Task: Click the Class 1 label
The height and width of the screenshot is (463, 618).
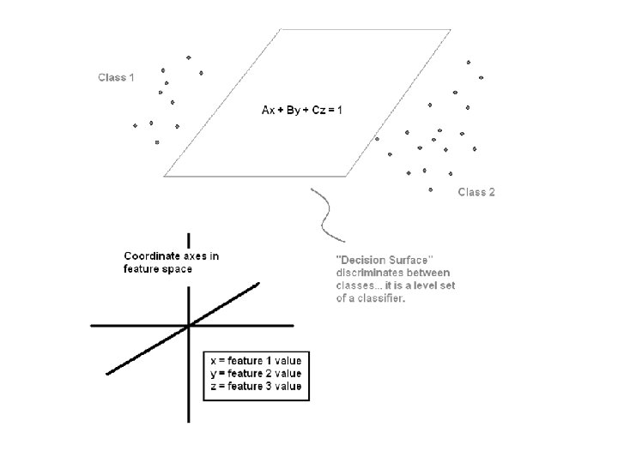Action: [116, 78]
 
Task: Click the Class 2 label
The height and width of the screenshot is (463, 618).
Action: [476, 192]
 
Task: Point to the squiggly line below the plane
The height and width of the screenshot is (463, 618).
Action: [325, 215]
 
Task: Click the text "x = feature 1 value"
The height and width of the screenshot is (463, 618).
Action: [256, 361]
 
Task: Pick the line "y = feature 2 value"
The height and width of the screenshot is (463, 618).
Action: [256, 374]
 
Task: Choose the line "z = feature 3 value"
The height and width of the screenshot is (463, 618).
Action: [256, 387]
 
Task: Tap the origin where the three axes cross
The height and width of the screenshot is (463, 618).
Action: [188, 326]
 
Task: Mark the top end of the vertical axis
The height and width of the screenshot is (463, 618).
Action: [188, 232]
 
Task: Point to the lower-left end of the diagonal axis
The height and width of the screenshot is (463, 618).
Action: [107, 373]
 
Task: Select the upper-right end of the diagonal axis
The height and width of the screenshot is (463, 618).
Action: [259, 283]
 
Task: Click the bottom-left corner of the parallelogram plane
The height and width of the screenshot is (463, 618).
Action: [165, 176]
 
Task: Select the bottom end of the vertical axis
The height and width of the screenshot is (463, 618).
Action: [188, 421]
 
